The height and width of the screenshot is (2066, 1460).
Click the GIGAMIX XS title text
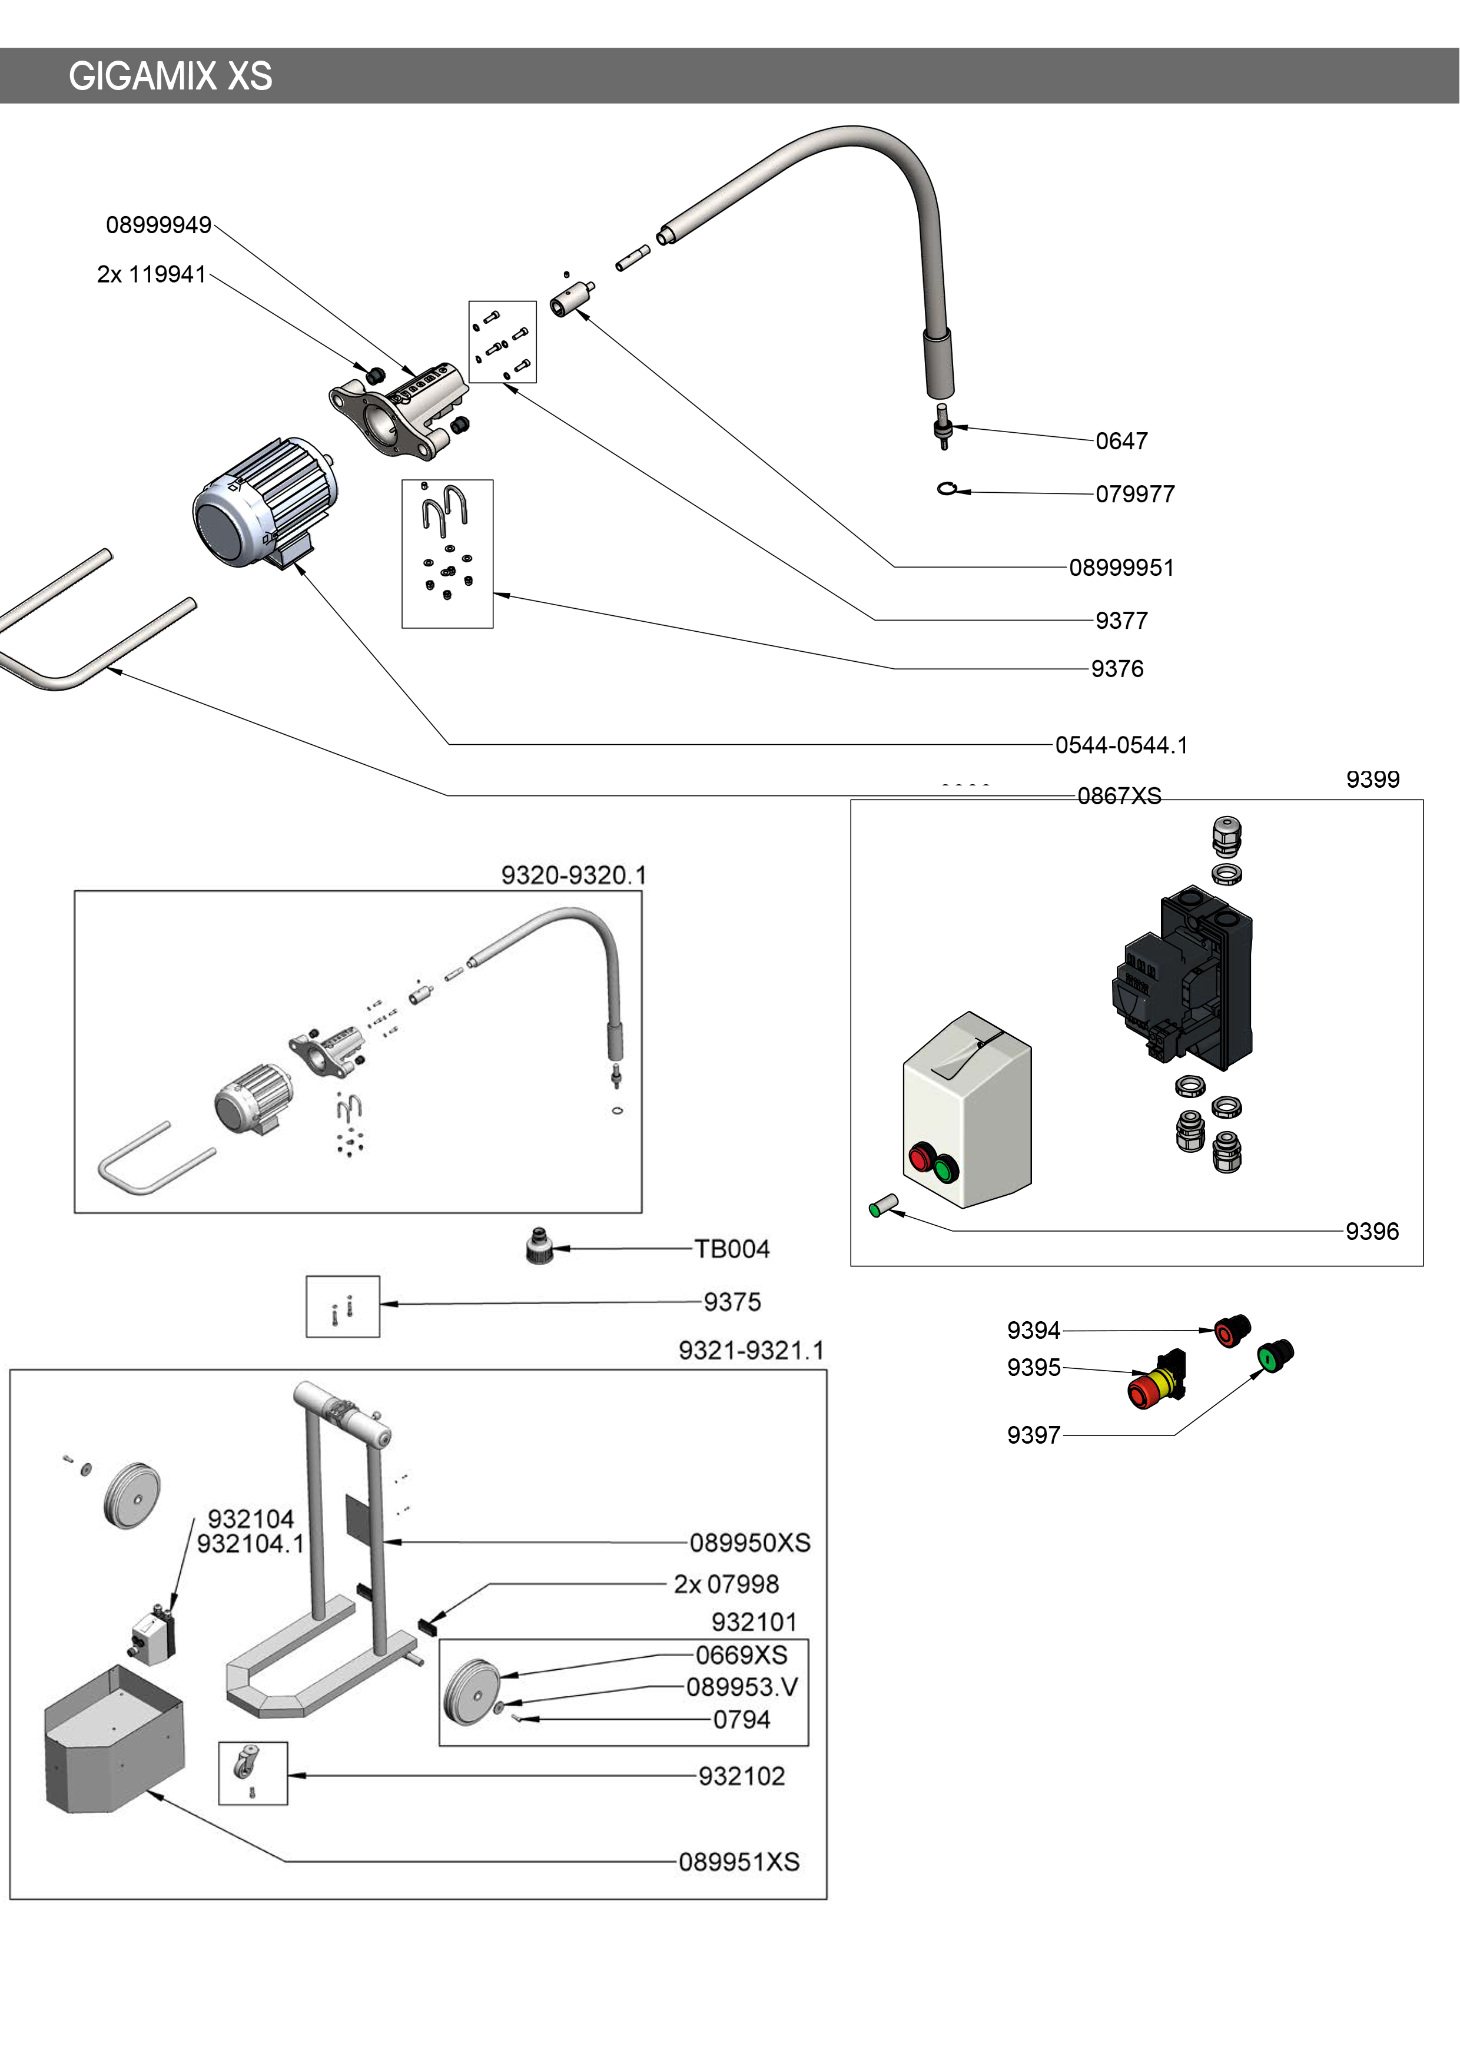[170, 77]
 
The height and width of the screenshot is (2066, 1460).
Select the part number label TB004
[731, 1249]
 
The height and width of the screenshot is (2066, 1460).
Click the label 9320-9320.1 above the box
[573, 876]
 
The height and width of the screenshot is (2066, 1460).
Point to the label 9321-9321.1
[750, 1351]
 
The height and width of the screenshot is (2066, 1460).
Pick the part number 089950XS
[749, 1543]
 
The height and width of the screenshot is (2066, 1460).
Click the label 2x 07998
[726, 1584]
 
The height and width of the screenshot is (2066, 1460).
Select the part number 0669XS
[741, 1655]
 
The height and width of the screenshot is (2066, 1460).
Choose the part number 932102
[741, 1776]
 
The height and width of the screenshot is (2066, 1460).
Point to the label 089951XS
[739, 1862]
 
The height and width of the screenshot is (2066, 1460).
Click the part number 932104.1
[250, 1544]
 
